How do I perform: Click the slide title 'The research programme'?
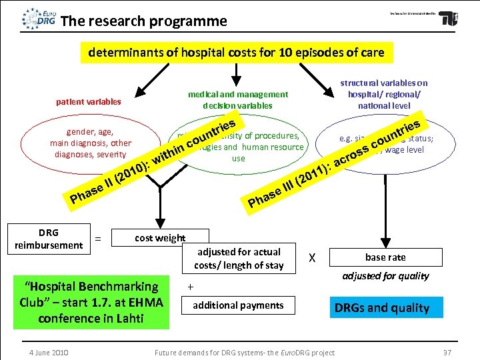pyautogui.click(x=143, y=21)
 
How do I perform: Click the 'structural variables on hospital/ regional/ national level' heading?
pyautogui.click(x=384, y=94)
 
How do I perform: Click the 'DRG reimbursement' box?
pyautogui.click(x=49, y=239)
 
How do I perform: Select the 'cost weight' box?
pyautogui.click(x=160, y=239)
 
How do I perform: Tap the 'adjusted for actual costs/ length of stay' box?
pyautogui.click(x=239, y=259)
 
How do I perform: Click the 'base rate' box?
pyautogui.click(x=385, y=257)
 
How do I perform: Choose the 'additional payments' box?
pyautogui.click(x=238, y=305)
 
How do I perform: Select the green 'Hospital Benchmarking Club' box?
pyautogui.click(x=91, y=302)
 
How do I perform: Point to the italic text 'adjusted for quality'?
pyautogui.click(x=385, y=276)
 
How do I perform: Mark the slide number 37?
pyautogui.click(x=447, y=352)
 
